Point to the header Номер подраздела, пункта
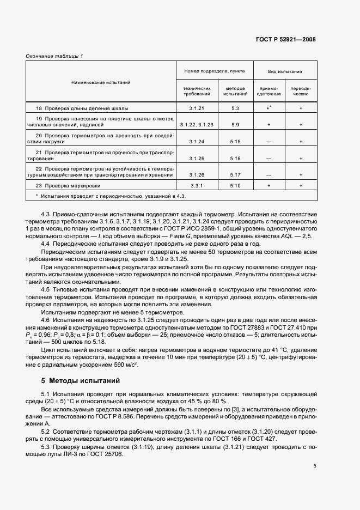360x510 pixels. tap(214, 71)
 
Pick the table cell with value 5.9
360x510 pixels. tap(235, 125)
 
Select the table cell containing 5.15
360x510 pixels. tap(235, 142)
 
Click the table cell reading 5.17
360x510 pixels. tap(235, 175)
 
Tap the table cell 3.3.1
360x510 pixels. tap(196, 186)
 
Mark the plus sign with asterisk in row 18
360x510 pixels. tap(269, 108)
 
